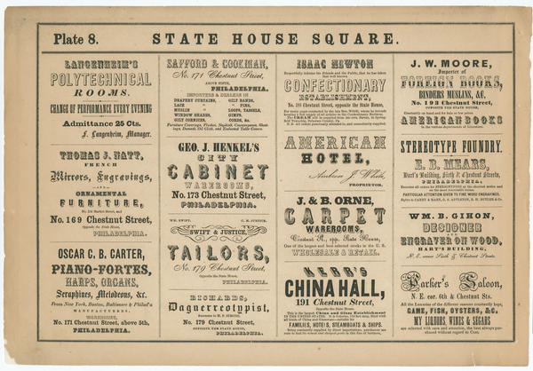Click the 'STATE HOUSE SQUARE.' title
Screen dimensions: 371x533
tap(274, 39)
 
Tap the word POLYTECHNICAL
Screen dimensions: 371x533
tap(99, 78)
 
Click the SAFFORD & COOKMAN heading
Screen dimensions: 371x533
tap(218, 65)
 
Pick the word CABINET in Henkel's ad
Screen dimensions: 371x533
tap(218, 171)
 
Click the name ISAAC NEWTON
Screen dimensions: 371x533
tap(336, 65)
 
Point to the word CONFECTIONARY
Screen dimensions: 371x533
tap(336, 87)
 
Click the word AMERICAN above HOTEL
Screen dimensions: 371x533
tap(336, 142)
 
